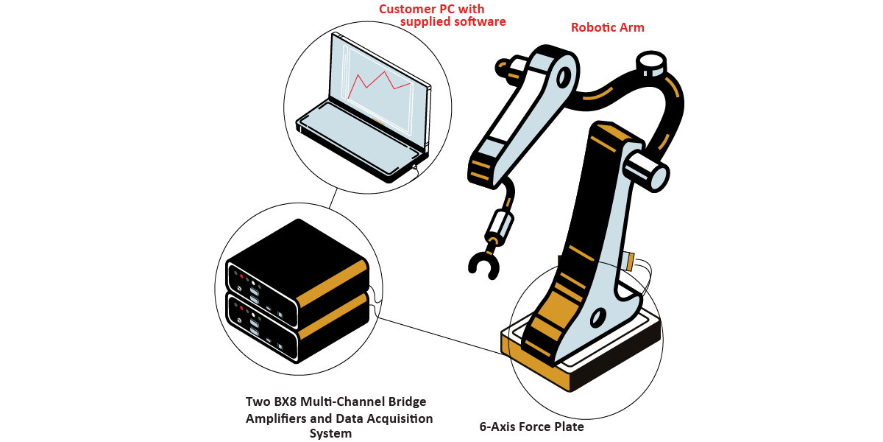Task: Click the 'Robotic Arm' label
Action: (607, 28)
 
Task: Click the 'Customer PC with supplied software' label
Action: (442, 15)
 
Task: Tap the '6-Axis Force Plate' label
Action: (531, 427)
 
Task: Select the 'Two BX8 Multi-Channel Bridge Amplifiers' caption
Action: (336, 401)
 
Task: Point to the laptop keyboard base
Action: (361, 136)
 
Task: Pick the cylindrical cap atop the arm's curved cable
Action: (650, 63)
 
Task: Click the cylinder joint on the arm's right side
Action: (646, 169)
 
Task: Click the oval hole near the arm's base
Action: (597, 317)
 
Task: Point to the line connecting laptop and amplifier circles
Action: (333, 197)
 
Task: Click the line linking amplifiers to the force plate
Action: (441, 336)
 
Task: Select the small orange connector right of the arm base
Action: (629, 260)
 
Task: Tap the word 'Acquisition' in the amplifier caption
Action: (397, 418)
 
